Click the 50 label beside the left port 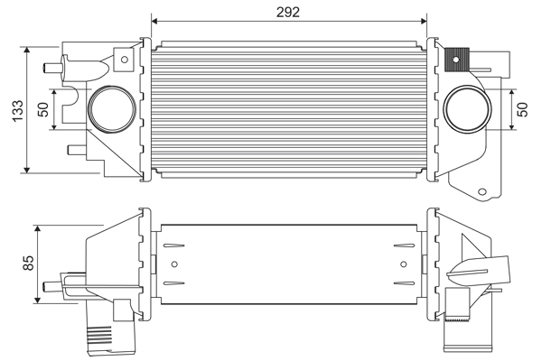pyautogui.click(x=42, y=108)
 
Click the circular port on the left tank pyautogui.click(x=107, y=107)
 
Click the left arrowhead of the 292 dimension pyautogui.click(x=155, y=20)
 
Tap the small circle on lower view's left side pyautogui.click(x=175, y=264)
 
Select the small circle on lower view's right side pyautogui.click(x=402, y=264)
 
